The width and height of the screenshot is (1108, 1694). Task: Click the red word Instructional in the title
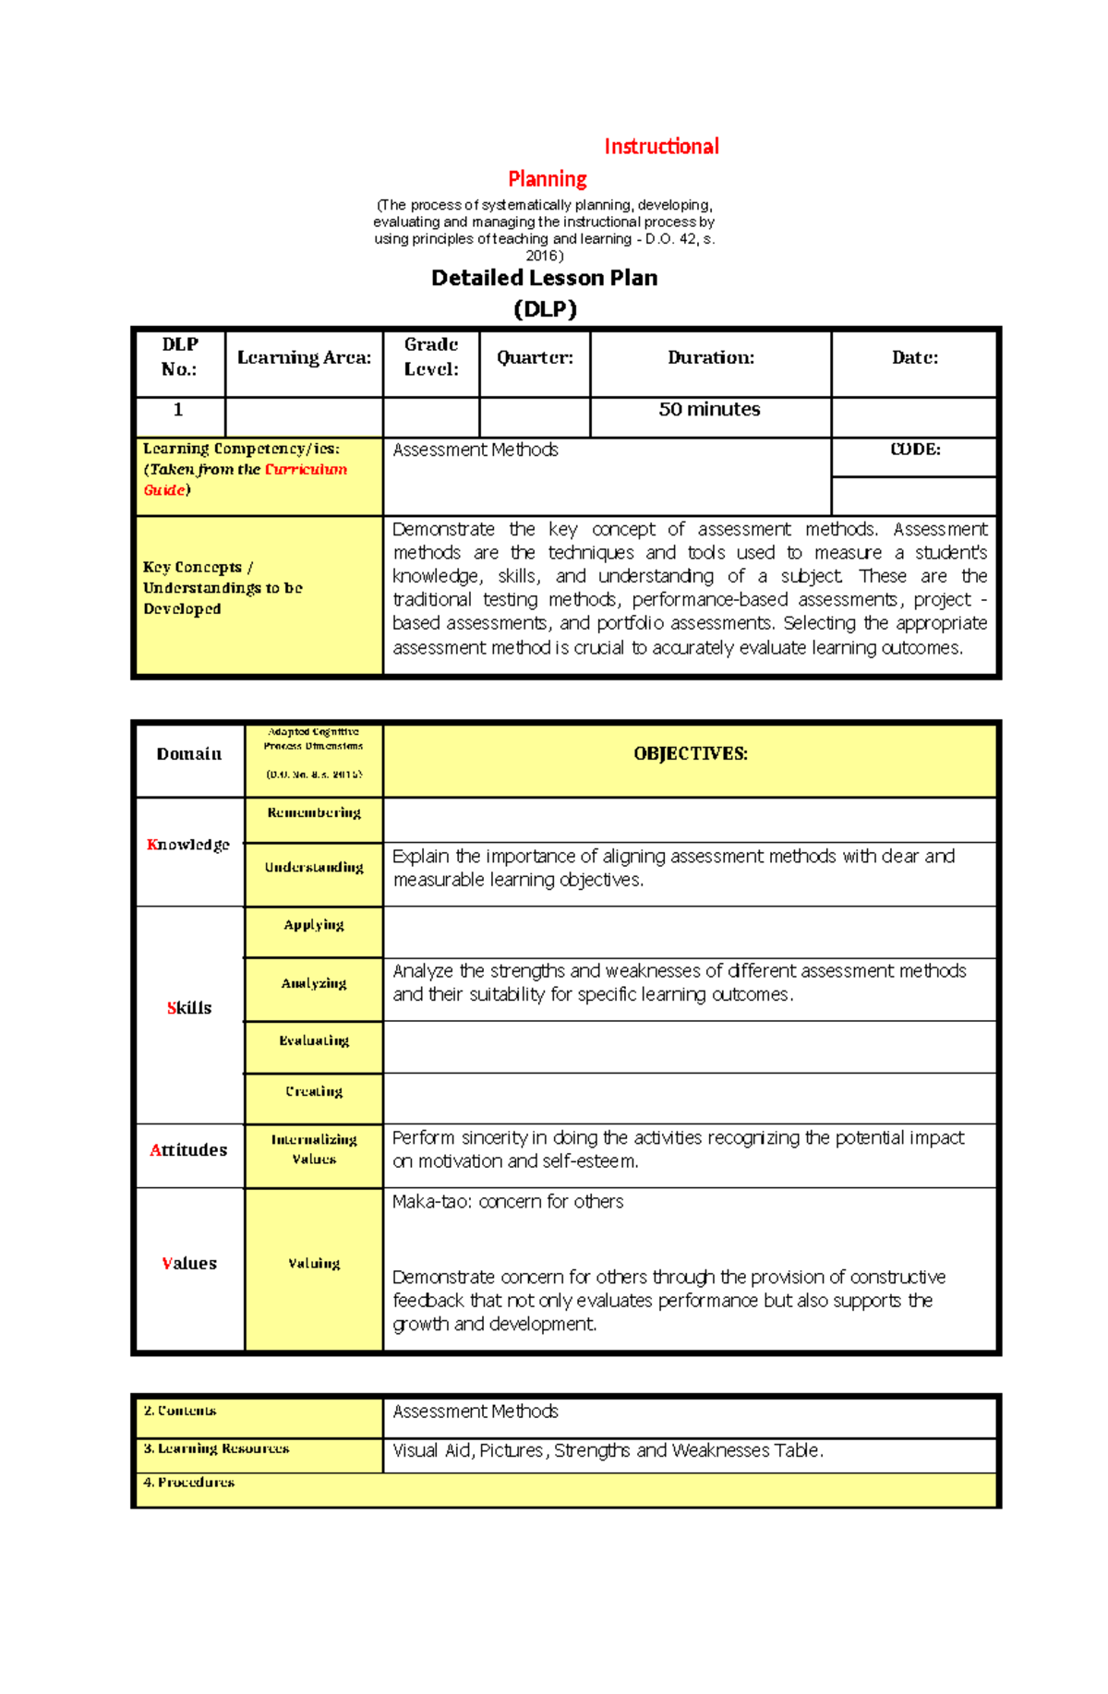pyautogui.click(x=661, y=147)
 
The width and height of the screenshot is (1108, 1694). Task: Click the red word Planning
pyautogui.click(x=548, y=179)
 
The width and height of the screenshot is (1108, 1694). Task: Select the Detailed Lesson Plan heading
pyautogui.click(x=544, y=278)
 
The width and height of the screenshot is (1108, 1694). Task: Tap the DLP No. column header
pyautogui.click(x=180, y=357)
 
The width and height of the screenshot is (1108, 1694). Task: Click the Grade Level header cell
pyautogui.click(x=431, y=357)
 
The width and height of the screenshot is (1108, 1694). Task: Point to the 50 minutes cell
pyautogui.click(x=709, y=410)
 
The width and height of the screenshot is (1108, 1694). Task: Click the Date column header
pyautogui.click(x=914, y=358)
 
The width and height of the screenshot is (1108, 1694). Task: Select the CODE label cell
pyautogui.click(x=914, y=450)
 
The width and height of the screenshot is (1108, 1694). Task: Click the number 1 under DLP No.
pyautogui.click(x=179, y=410)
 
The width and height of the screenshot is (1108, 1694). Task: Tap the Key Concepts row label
pyautogui.click(x=223, y=588)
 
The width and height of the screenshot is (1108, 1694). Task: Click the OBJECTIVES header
pyautogui.click(x=690, y=754)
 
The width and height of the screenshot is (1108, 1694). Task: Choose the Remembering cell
pyautogui.click(x=314, y=813)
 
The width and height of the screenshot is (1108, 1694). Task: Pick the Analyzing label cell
pyautogui.click(x=314, y=984)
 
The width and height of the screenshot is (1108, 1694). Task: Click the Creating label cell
pyautogui.click(x=314, y=1092)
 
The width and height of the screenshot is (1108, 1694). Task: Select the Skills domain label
pyautogui.click(x=189, y=1008)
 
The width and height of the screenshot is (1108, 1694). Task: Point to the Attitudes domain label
pyautogui.click(x=188, y=1150)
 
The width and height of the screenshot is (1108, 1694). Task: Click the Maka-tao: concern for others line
pyautogui.click(x=508, y=1202)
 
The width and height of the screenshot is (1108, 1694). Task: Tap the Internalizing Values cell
pyautogui.click(x=314, y=1150)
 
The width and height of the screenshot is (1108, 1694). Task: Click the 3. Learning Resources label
pyautogui.click(x=216, y=1449)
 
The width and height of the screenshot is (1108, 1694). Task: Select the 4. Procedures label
pyautogui.click(x=188, y=1483)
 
